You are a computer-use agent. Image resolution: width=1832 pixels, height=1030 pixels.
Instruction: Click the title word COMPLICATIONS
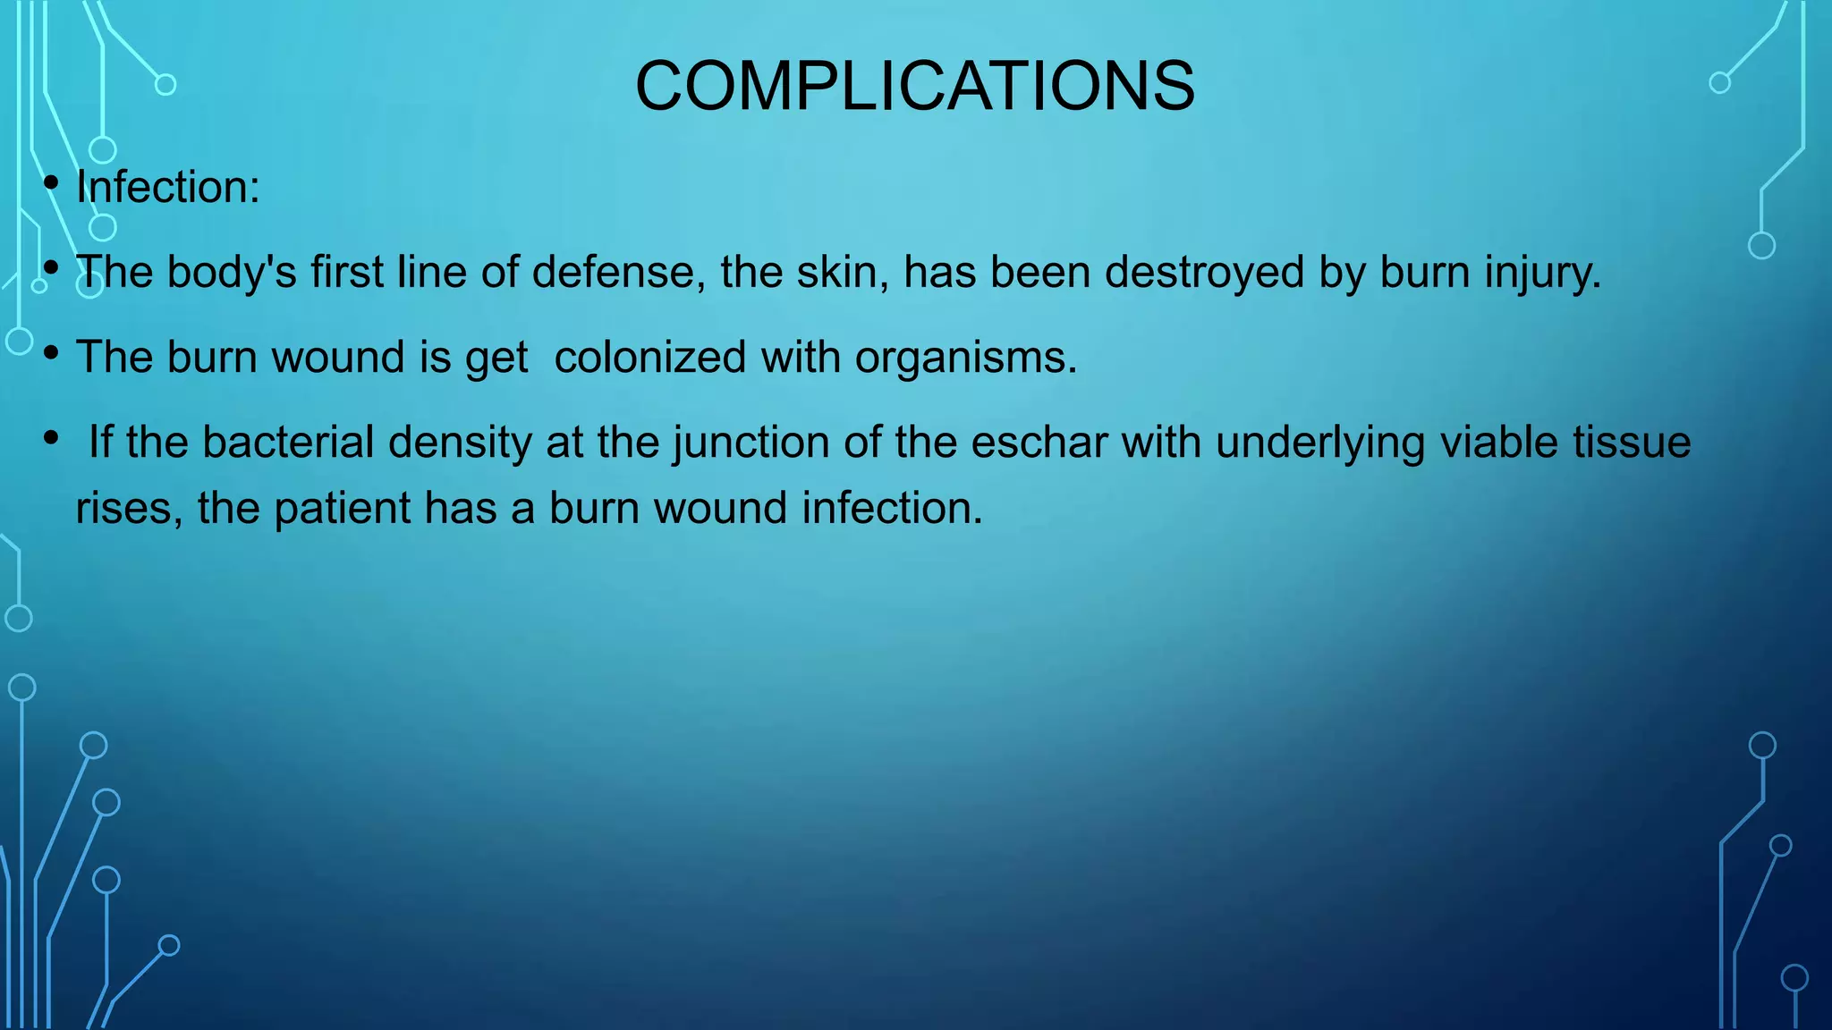coord(914,86)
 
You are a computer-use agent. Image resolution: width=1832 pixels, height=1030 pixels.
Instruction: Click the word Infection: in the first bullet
coord(168,188)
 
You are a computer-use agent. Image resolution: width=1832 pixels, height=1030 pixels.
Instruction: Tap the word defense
coord(613,272)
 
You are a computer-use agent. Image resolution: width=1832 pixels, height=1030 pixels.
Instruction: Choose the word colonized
coord(649,357)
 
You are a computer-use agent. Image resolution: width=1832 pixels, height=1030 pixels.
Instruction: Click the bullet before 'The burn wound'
coord(52,353)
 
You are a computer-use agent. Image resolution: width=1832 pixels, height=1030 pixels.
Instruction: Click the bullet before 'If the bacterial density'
coord(52,438)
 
